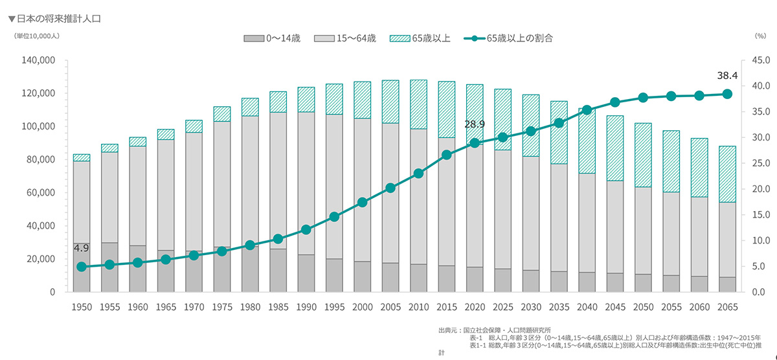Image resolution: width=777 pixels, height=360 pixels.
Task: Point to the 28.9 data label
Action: coord(475,124)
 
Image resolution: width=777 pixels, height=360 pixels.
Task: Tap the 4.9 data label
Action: coord(81,248)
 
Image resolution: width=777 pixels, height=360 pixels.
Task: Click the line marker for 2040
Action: coord(587,110)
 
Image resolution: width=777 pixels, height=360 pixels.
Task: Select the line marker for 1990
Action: coord(306,230)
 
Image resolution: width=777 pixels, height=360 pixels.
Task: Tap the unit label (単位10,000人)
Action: coord(37,37)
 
